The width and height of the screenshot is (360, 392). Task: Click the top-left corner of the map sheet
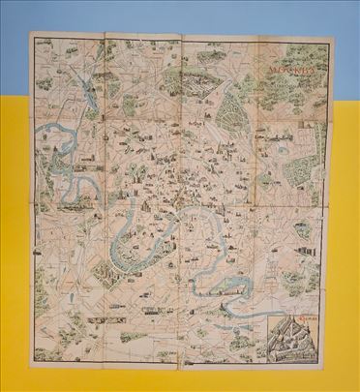click(x=30, y=35)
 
